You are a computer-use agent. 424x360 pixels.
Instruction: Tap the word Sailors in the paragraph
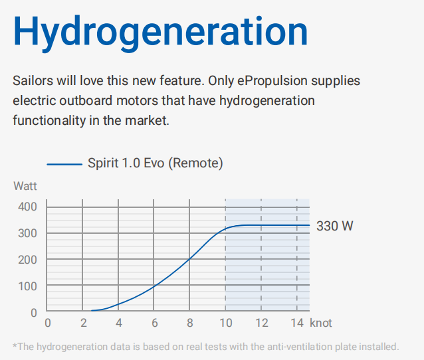(33, 80)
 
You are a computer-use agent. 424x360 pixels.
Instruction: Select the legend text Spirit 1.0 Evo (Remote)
(156, 163)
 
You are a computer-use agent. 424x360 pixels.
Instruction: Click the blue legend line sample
(64, 164)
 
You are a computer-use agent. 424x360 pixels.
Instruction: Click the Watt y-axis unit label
(25, 186)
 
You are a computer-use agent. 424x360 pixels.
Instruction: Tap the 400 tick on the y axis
(27, 207)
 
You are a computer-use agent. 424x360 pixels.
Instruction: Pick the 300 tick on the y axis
(27, 233)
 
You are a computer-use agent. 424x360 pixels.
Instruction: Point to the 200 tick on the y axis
(27, 260)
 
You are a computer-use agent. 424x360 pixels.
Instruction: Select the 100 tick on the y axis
(27, 286)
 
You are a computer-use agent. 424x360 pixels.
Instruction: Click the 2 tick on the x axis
(83, 323)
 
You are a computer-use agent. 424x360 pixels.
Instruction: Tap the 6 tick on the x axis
(154, 323)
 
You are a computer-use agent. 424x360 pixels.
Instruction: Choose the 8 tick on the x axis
(190, 323)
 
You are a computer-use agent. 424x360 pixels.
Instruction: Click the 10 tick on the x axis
(225, 323)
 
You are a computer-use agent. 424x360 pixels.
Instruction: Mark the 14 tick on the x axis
(297, 323)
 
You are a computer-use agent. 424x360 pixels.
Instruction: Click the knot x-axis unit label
(321, 323)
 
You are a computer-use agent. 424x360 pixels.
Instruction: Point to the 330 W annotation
(335, 226)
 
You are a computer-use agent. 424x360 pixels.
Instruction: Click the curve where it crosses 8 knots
(189, 259)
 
